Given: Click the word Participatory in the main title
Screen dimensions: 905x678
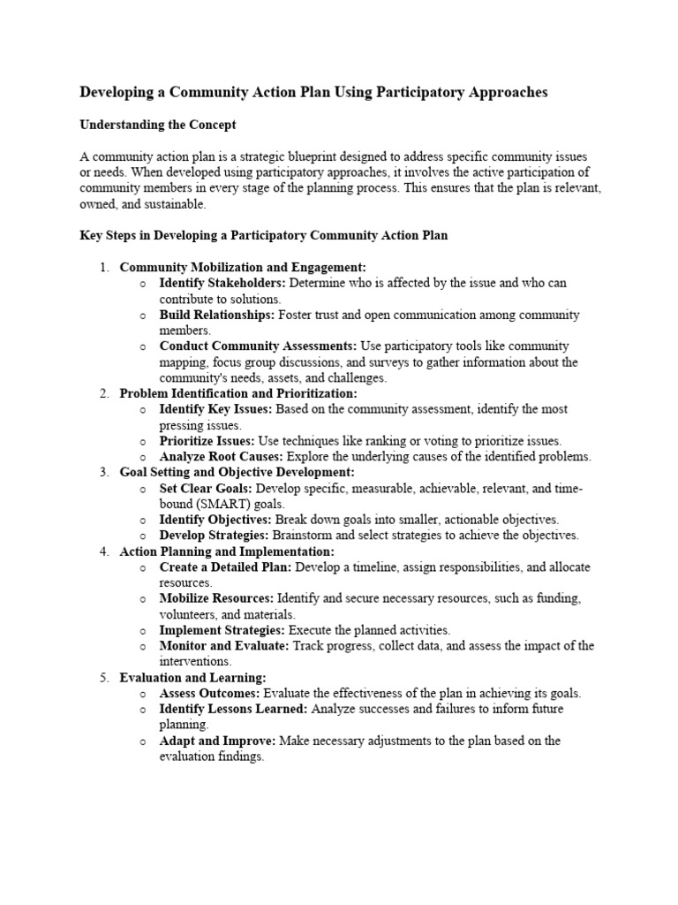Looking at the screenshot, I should click(411, 92).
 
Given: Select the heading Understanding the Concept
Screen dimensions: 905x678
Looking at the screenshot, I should click(158, 125).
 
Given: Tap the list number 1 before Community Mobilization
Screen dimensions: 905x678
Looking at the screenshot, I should click(103, 267).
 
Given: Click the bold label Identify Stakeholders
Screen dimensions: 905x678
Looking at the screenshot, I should click(210, 283).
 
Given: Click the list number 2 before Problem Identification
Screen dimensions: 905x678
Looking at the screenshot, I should click(103, 393).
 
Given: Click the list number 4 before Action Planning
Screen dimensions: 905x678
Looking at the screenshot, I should click(103, 551).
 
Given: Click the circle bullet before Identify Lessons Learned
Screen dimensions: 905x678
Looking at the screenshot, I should click(143, 710).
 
